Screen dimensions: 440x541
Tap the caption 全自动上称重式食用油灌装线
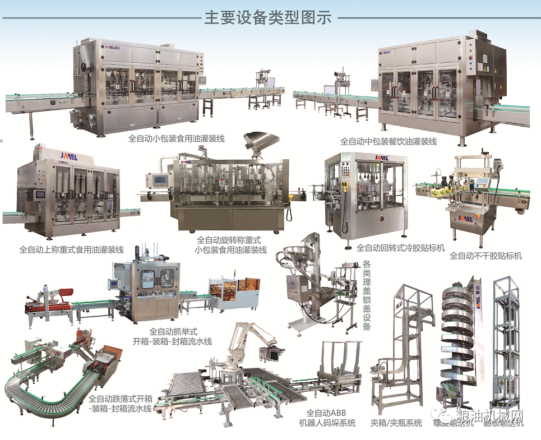click(x=72, y=250)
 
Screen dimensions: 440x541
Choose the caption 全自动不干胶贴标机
click(x=485, y=256)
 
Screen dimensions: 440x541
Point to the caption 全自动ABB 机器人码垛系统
click(x=327, y=418)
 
